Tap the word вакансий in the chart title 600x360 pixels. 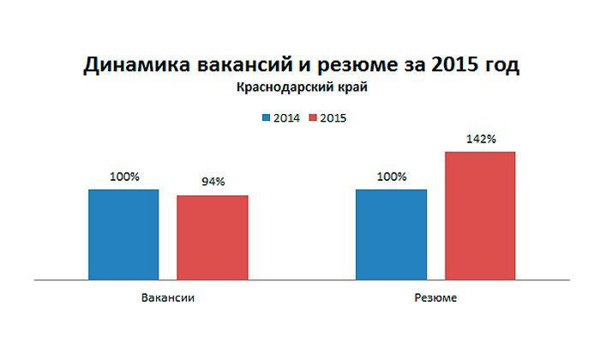tap(234, 66)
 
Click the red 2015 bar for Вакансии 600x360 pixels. tap(213, 237)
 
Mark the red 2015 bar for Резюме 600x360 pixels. tap(480, 215)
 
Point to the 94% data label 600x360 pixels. tap(213, 182)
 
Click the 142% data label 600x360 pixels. tap(480, 137)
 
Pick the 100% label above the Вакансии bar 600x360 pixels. tap(123, 177)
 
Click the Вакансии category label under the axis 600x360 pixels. tap(168, 298)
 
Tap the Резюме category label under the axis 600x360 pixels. tap(435, 298)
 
